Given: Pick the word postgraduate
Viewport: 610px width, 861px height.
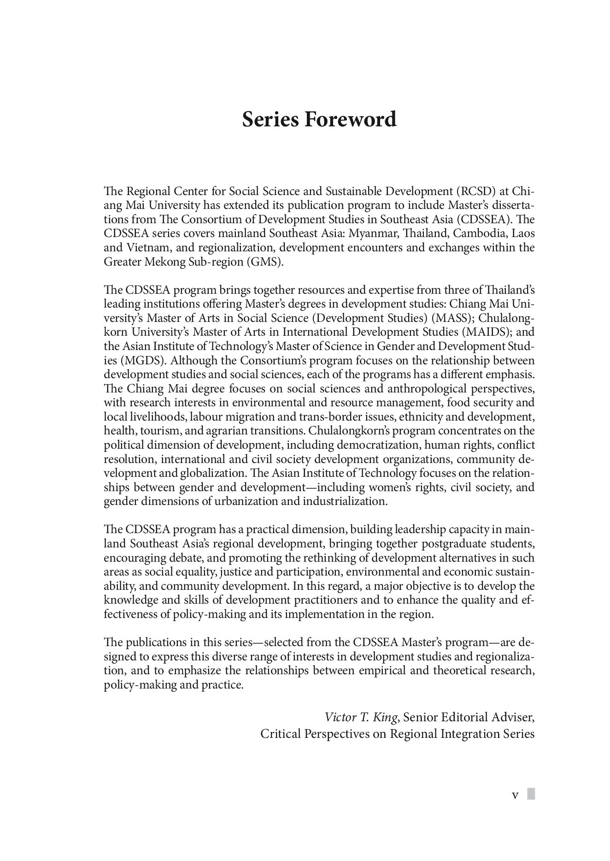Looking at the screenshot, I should (452, 544).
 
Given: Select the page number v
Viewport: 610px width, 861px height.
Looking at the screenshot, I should (516, 795).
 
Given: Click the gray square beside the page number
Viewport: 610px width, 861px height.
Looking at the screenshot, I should (531, 794).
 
